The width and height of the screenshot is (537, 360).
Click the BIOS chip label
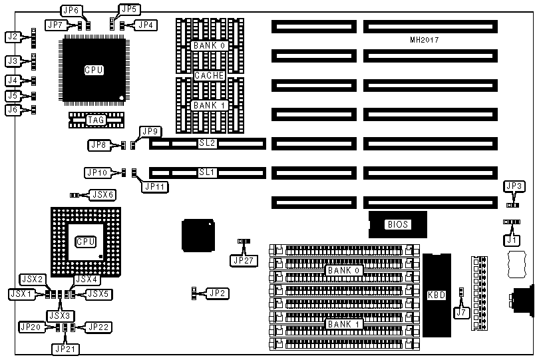coord(397,224)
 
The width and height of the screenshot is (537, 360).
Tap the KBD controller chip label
coord(437,293)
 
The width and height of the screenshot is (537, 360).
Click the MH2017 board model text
coord(425,40)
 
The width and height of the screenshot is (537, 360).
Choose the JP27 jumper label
coord(242,260)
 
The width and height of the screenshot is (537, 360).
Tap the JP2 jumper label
coord(216,293)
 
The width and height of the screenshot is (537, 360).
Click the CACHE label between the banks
coord(209,76)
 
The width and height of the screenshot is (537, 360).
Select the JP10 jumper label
coord(97,172)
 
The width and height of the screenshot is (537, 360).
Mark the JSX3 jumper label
coord(59,313)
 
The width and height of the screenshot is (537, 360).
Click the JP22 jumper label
coord(98,327)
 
